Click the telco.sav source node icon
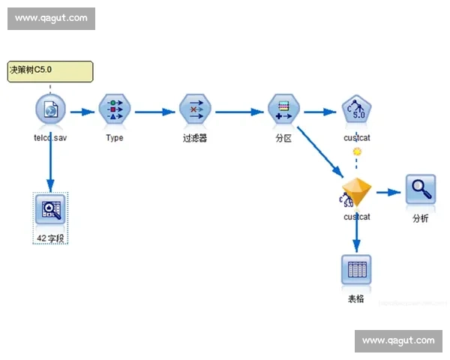coord(49,111)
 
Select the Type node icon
coord(115,111)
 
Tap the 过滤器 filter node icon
coord(194,111)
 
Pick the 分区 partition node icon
coord(283,111)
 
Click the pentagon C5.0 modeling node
coord(356,111)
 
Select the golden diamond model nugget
coord(356,193)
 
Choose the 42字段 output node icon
coord(50,209)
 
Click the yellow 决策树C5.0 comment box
coord(50,71)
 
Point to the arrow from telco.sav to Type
coord(82,112)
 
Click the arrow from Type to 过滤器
coord(154,112)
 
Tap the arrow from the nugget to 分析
coord(388,193)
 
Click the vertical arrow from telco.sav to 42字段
coord(50,157)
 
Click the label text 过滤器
coord(194,138)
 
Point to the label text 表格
coord(356,298)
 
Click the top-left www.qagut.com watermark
coord(51,18)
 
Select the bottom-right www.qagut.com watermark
coord(398,340)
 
